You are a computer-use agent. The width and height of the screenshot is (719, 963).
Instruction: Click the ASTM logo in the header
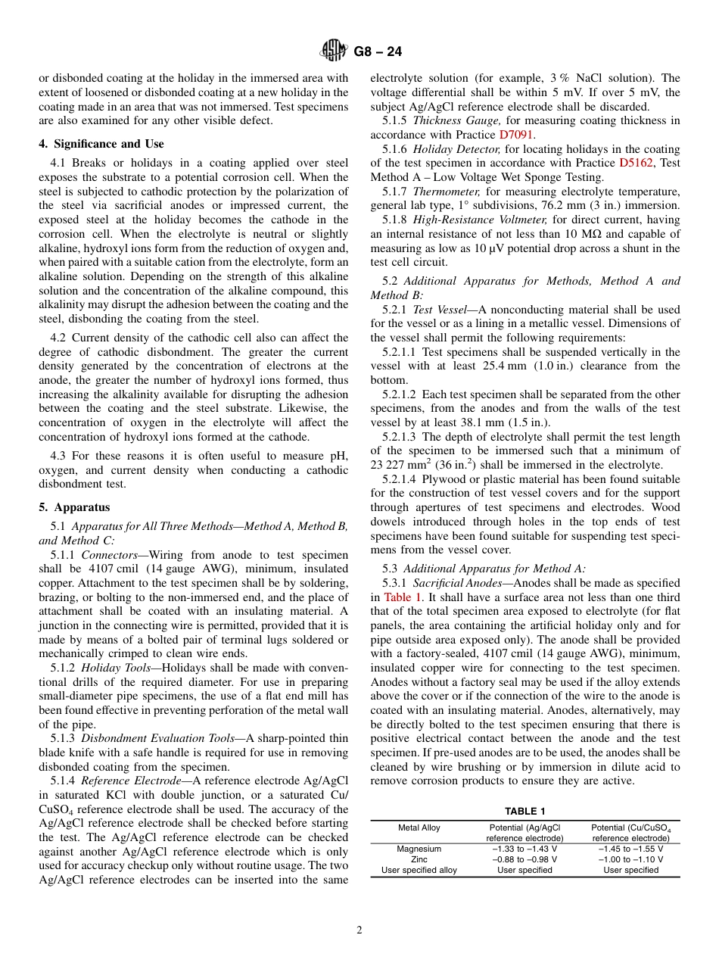[x=333, y=51]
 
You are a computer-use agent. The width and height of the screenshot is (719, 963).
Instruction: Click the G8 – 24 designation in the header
[x=378, y=51]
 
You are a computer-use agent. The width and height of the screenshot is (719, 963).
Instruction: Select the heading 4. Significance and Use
[x=101, y=144]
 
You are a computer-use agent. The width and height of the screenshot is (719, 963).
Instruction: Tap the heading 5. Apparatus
[x=74, y=507]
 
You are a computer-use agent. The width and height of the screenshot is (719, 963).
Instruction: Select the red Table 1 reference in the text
[x=402, y=597]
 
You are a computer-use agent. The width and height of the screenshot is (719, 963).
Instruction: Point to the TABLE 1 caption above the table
[x=525, y=811]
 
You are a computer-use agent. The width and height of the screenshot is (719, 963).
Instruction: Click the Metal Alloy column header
[x=419, y=827]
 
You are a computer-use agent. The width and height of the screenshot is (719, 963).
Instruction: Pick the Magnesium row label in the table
[x=419, y=849]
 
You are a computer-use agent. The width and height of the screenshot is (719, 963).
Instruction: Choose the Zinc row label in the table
[x=419, y=859]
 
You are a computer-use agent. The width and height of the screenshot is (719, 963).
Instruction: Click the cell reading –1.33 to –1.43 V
[x=524, y=849]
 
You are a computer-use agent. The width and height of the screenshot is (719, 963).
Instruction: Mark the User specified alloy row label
[x=419, y=870]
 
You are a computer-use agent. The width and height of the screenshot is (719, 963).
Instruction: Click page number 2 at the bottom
[x=359, y=930]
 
